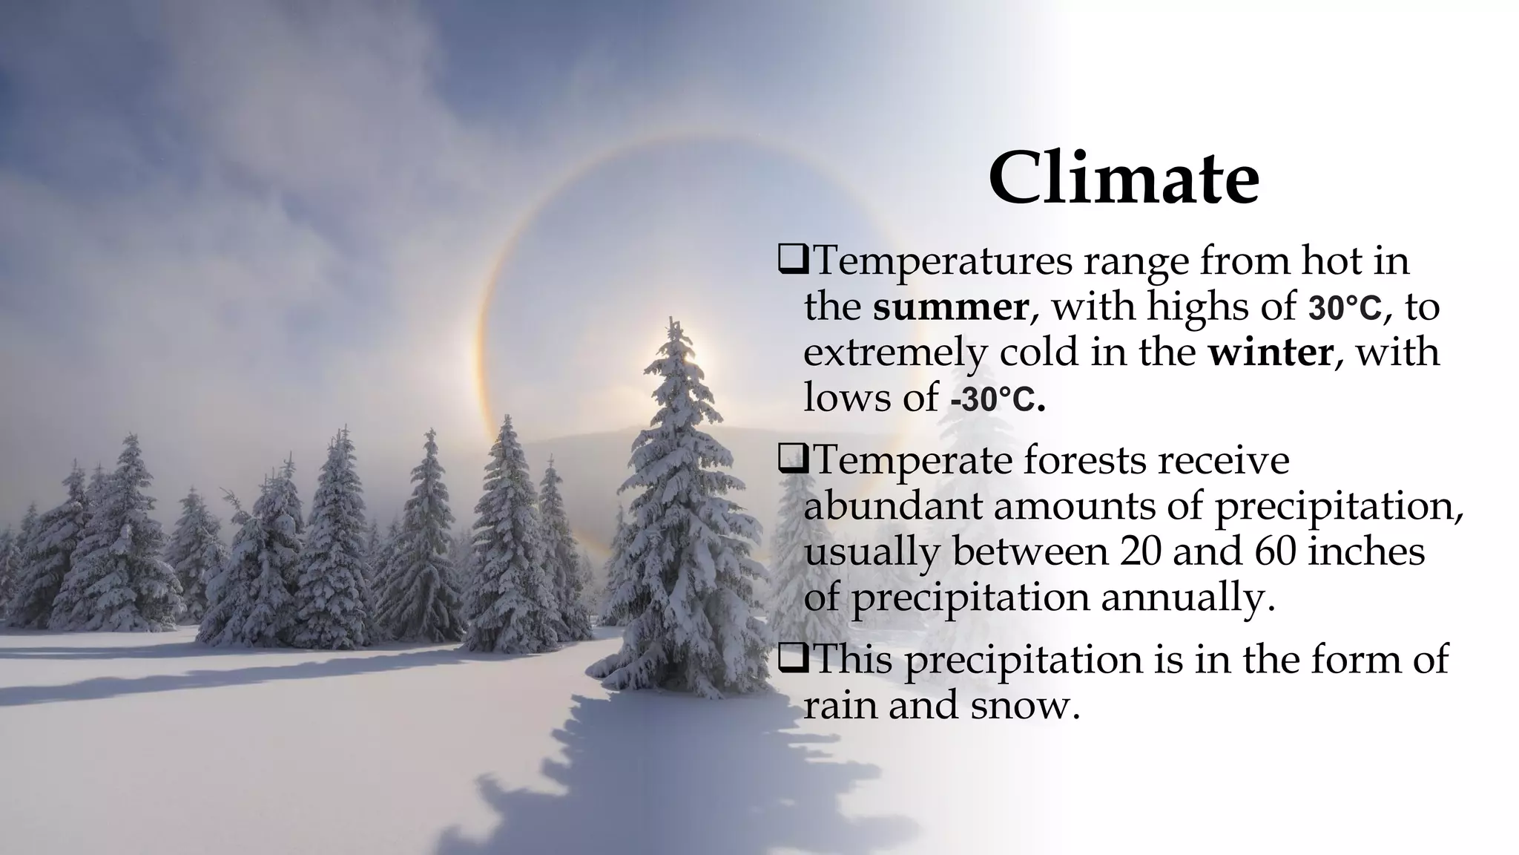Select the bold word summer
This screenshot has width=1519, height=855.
point(950,307)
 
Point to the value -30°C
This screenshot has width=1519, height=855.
point(997,401)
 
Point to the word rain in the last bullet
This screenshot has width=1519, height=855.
point(840,705)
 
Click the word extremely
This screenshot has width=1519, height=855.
point(896,353)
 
